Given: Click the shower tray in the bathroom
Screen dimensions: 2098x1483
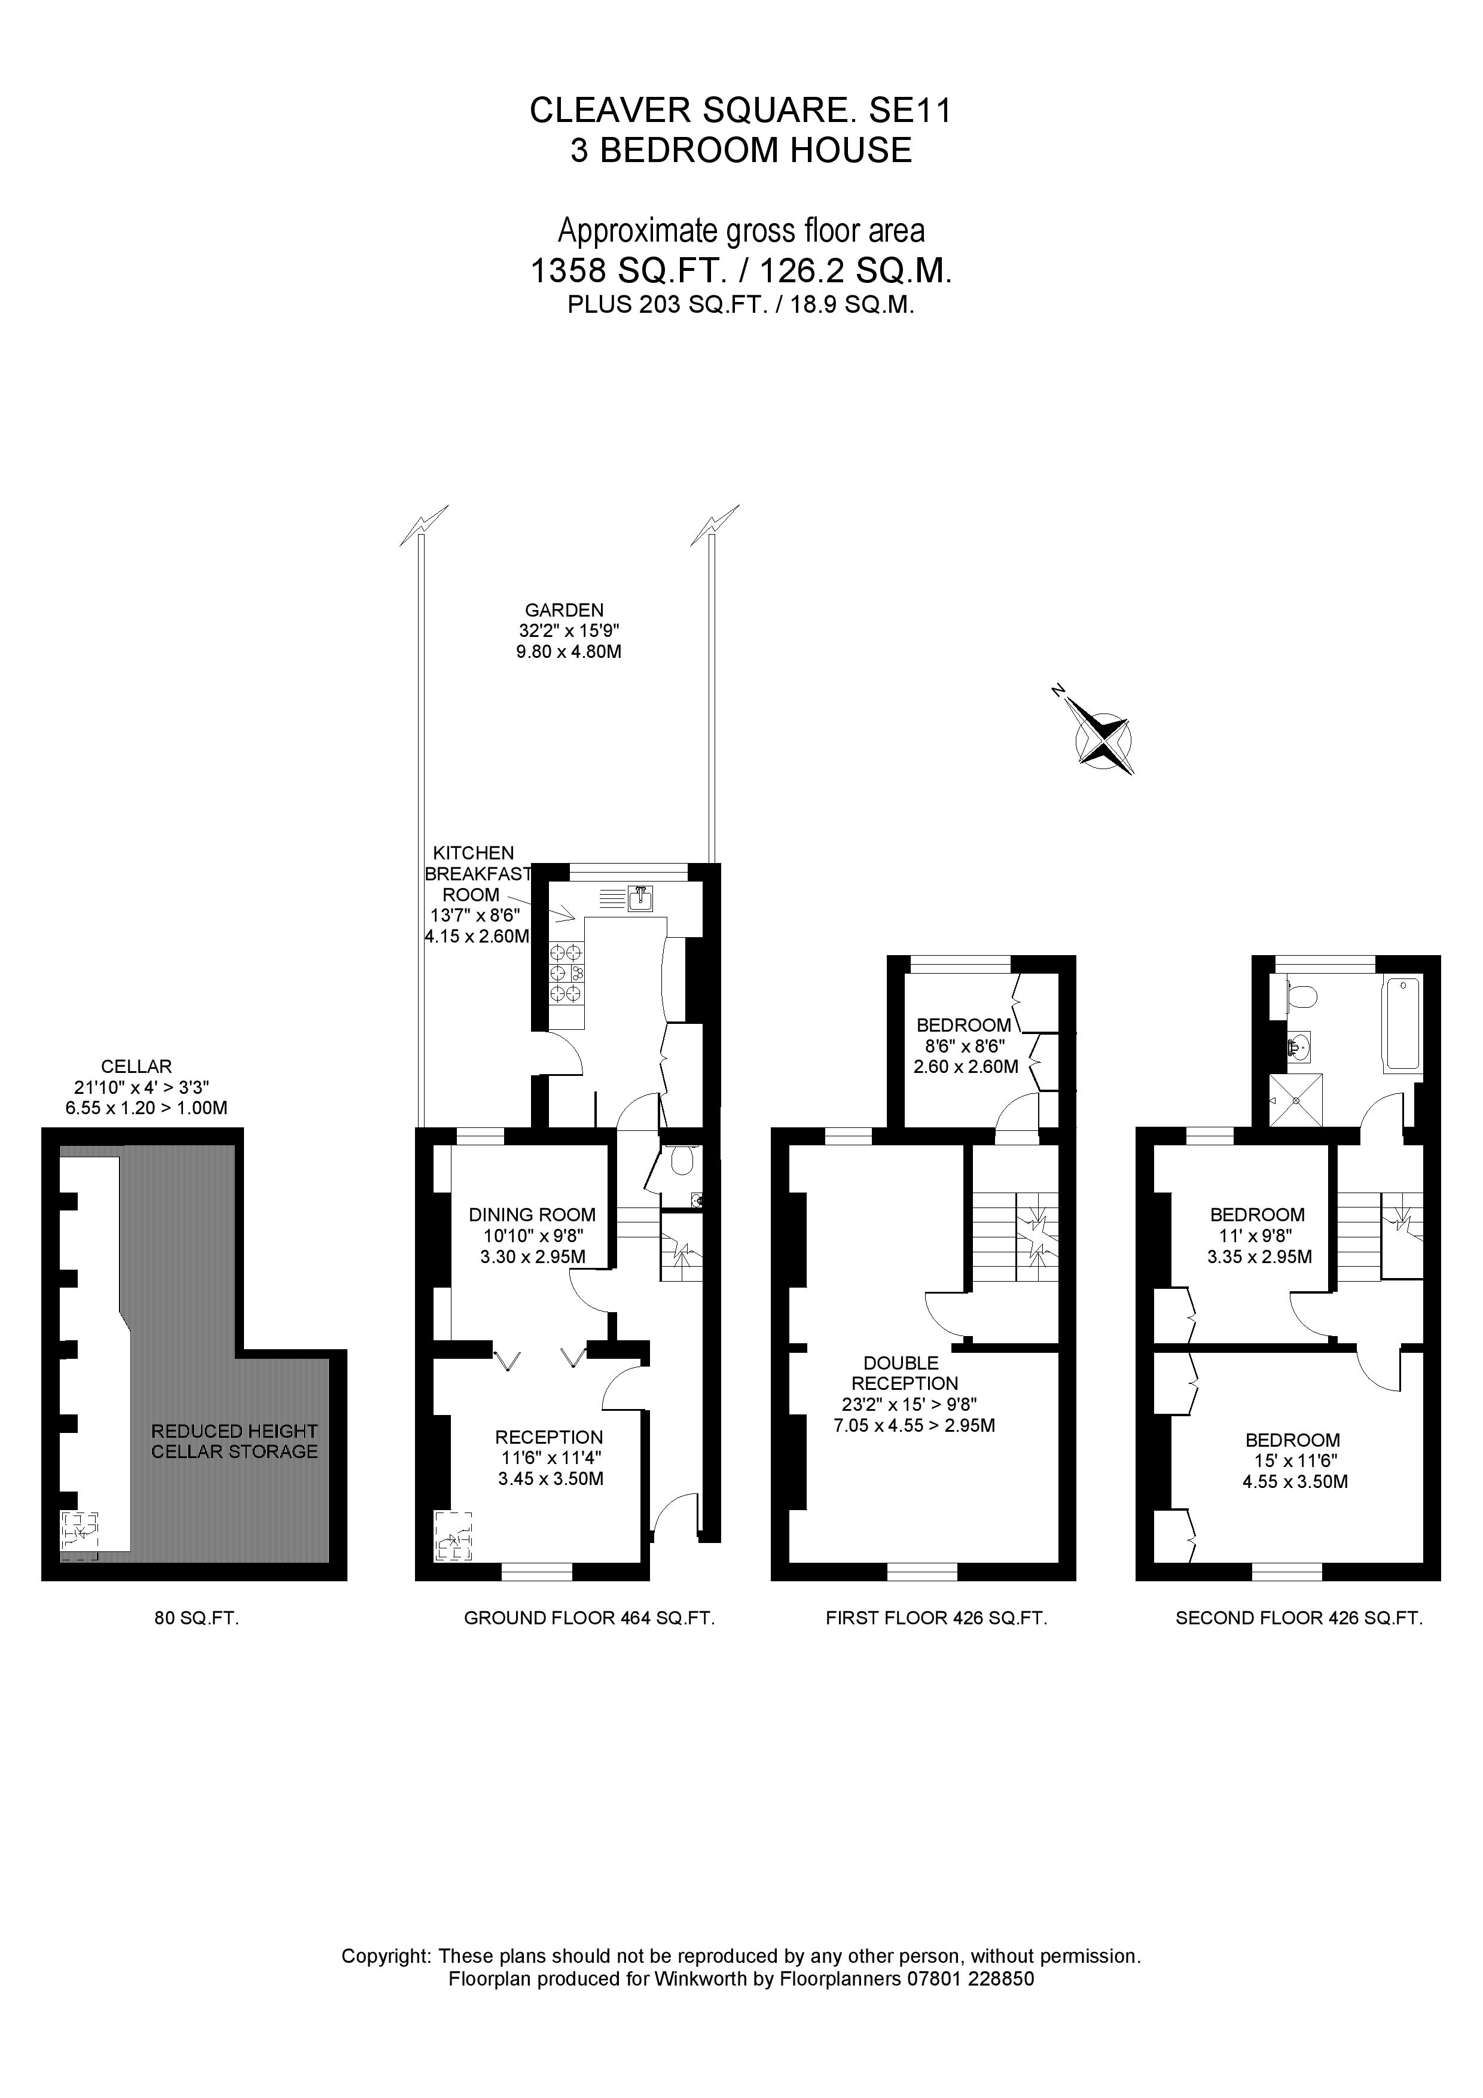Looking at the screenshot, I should pyautogui.click(x=1296, y=1099).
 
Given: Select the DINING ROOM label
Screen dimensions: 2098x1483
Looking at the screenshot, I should pyautogui.click(x=532, y=1215).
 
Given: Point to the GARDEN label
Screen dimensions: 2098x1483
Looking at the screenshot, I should pyautogui.click(x=564, y=609).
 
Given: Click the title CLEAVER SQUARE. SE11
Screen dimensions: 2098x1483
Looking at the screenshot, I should pyautogui.click(x=740, y=111).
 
